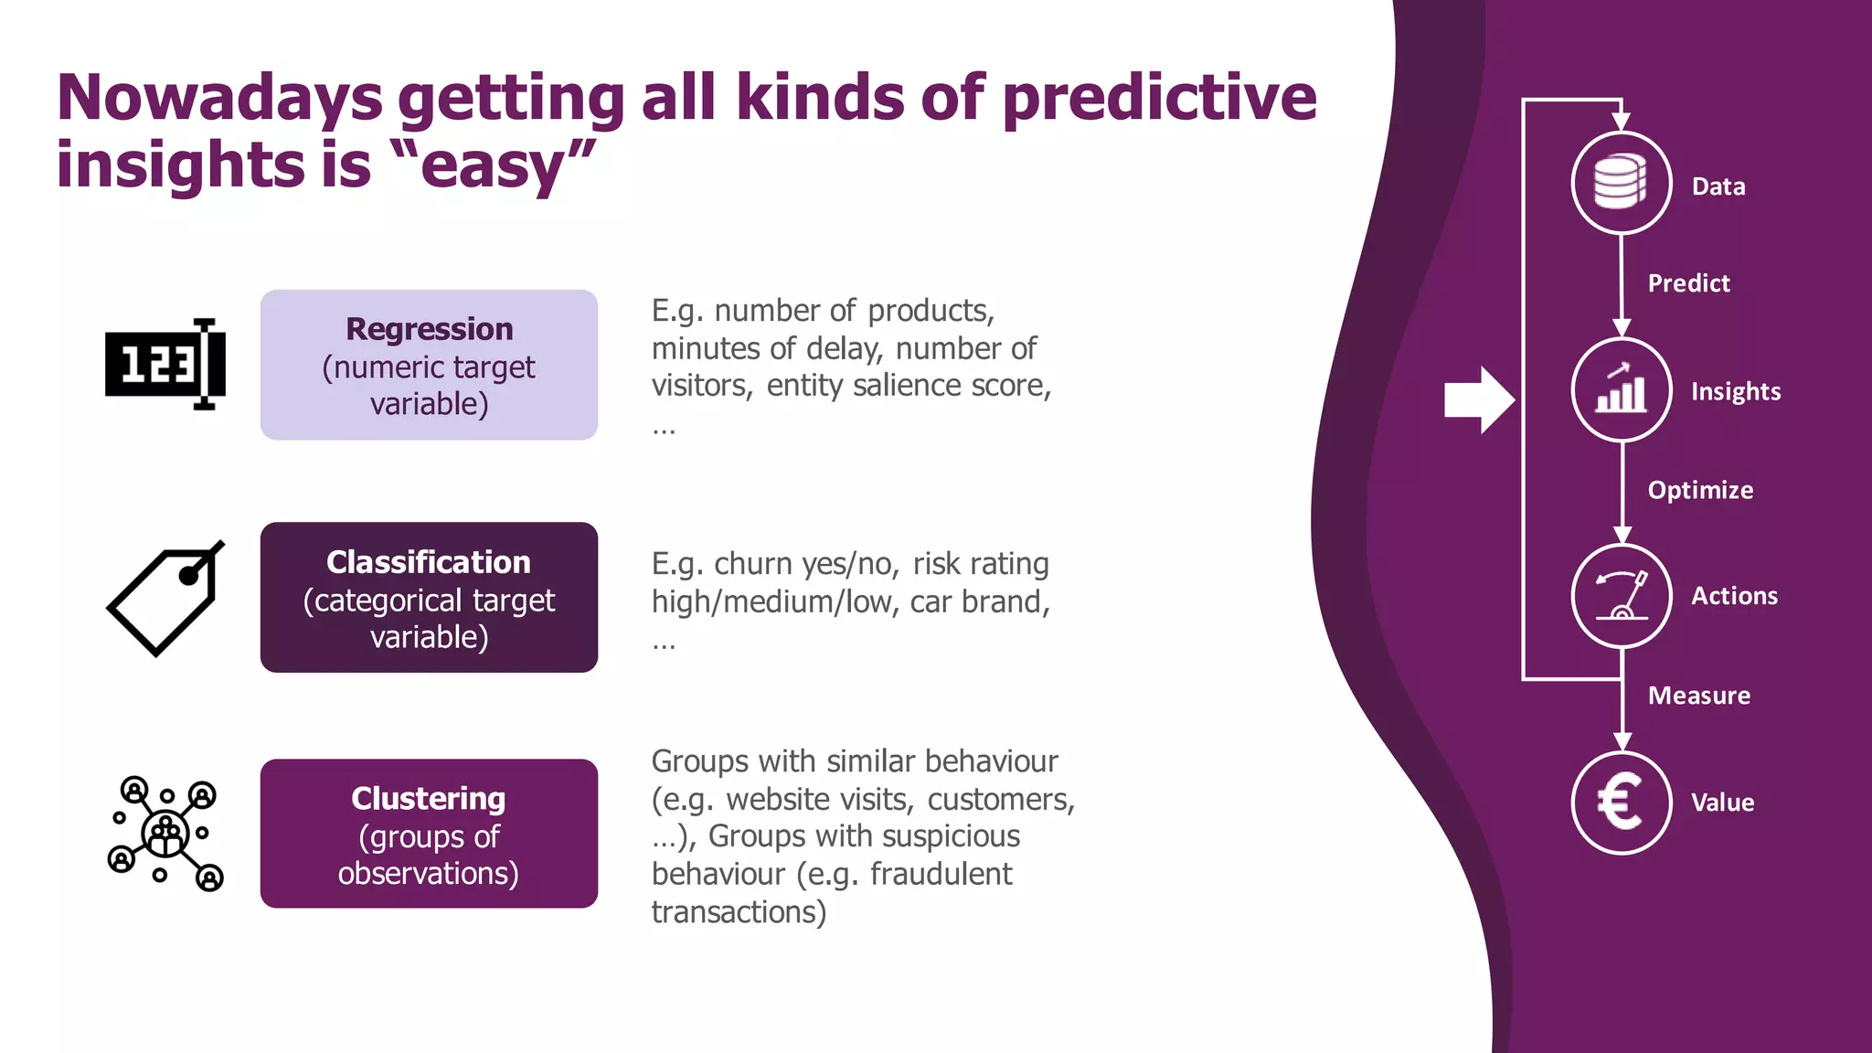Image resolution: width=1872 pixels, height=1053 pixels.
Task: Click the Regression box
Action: click(429, 365)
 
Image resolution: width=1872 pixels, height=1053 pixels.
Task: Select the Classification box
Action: click(429, 598)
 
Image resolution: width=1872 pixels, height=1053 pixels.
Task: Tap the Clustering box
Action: click(429, 834)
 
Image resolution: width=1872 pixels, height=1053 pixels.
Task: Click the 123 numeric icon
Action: click(165, 365)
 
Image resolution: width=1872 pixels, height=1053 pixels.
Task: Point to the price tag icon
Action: click(165, 599)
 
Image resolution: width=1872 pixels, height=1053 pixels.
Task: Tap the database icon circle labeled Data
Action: click(1621, 183)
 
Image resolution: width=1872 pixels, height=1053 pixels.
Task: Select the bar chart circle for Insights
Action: click(1621, 390)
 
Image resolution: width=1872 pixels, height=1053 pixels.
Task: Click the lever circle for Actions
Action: click(1621, 596)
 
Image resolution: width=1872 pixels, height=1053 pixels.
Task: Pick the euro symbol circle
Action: click(1621, 803)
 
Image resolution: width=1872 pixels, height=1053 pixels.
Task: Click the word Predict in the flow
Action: click(1688, 283)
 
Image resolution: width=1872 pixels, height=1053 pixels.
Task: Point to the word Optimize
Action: click(1700, 490)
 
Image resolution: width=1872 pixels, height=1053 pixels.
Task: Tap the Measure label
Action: click(1698, 696)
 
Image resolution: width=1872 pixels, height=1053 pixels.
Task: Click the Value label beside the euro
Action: click(1722, 803)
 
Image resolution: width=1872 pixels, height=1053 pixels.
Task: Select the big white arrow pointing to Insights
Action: click(1478, 399)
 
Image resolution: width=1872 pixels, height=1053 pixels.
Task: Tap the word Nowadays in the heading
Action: click(219, 98)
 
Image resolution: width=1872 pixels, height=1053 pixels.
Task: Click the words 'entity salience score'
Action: click(907, 386)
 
